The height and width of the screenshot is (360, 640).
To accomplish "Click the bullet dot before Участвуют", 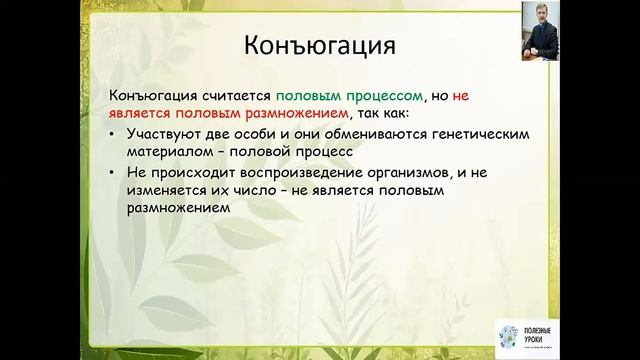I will click(x=114, y=135).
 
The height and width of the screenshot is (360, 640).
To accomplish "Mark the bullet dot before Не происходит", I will click(x=114, y=173).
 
